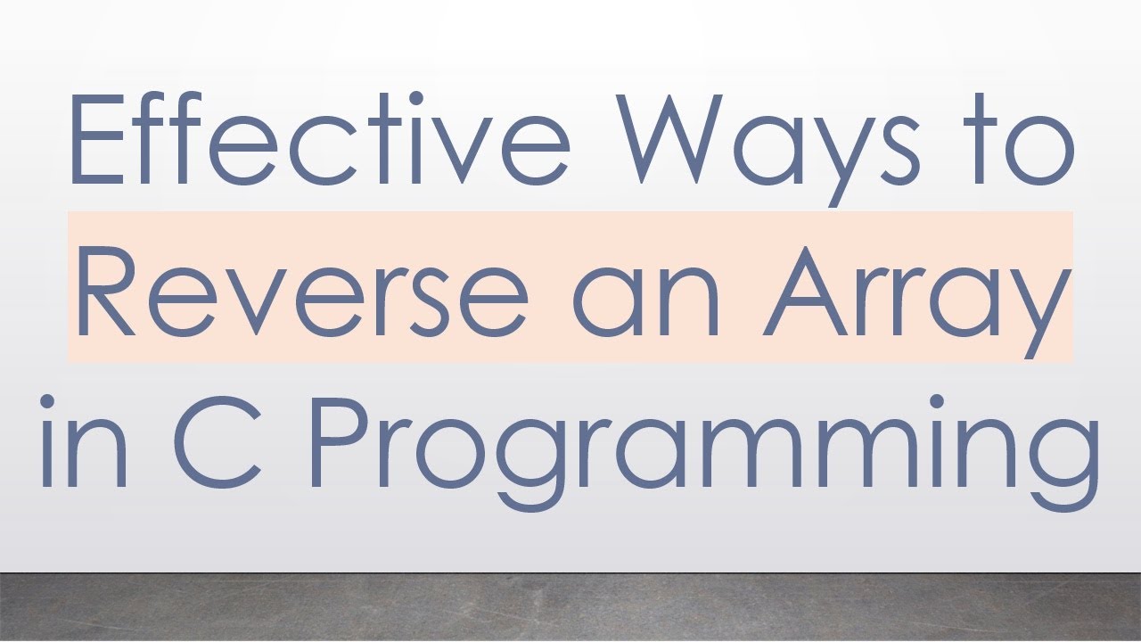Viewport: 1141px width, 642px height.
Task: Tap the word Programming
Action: [704, 446]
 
